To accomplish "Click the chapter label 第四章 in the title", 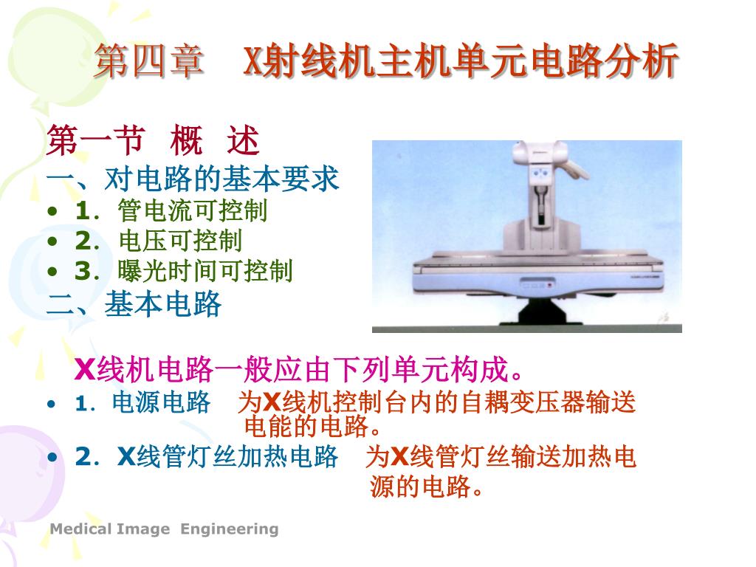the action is pyautogui.click(x=149, y=61).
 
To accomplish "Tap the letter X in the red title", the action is pyautogui.click(x=253, y=61).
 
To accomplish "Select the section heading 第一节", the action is pyautogui.click(x=96, y=140).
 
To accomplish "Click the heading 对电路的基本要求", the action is pyautogui.click(x=221, y=179).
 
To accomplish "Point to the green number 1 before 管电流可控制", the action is pyautogui.click(x=83, y=210).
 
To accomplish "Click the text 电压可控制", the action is pyautogui.click(x=180, y=241).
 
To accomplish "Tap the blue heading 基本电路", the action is pyautogui.click(x=163, y=304).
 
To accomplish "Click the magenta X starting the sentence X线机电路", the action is pyautogui.click(x=86, y=370).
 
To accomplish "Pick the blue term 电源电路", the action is pyautogui.click(x=161, y=402).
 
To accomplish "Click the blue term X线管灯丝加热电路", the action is pyautogui.click(x=227, y=456).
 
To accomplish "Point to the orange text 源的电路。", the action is pyautogui.click(x=426, y=486).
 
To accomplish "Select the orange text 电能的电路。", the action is pyautogui.click(x=313, y=426).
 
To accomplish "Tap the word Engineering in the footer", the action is pyautogui.click(x=230, y=529).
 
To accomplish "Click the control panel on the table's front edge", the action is pyautogui.click(x=536, y=284).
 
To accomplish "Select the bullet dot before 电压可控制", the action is pyautogui.click(x=52, y=241).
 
